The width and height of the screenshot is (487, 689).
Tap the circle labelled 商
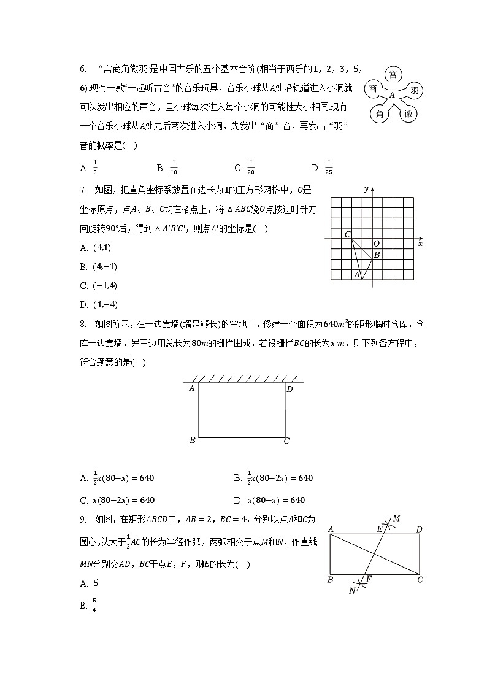click(373, 90)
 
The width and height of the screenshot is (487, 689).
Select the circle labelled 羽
click(414, 91)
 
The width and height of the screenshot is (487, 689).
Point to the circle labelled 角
click(380, 114)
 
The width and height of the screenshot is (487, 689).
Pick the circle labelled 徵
click(408, 114)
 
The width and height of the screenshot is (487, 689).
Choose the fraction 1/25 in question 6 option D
click(329, 167)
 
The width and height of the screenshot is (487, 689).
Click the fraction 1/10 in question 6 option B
click(174, 167)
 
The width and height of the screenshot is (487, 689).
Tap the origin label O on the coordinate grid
click(376, 244)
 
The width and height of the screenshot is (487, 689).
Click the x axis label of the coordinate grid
click(421, 244)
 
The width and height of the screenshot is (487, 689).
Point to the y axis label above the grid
click(366, 189)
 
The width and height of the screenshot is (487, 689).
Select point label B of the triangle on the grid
click(377, 255)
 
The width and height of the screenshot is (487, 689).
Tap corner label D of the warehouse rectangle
click(290, 389)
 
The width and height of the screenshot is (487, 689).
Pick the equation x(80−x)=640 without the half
click(275, 500)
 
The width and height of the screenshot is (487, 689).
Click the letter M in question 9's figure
click(396, 519)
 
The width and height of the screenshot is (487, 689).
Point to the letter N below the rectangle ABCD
click(352, 591)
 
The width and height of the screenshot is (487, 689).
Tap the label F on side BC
click(368, 579)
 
